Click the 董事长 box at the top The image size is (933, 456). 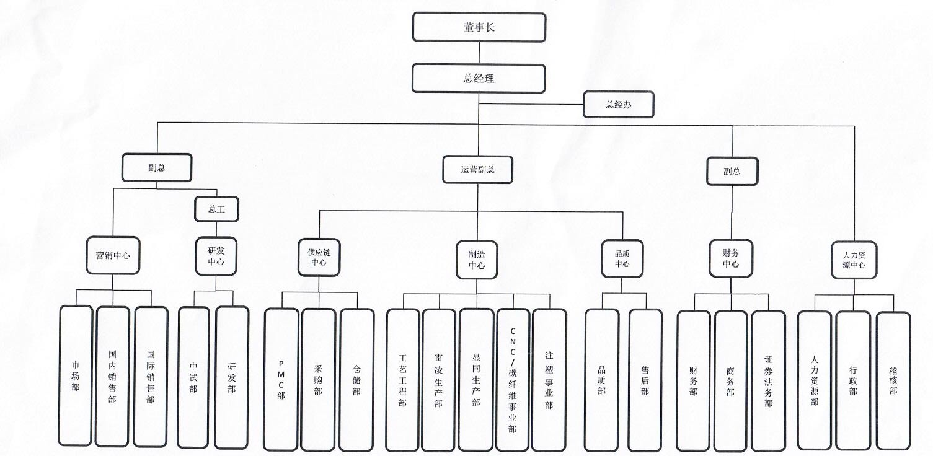click(x=479, y=27)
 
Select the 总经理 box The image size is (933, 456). click(x=479, y=79)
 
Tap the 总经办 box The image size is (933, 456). click(x=618, y=105)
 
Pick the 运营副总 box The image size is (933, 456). click(x=477, y=170)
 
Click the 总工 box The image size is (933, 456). click(x=216, y=209)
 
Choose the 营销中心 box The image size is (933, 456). click(x=113, y=255)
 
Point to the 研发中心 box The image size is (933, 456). click(x=216, y=256)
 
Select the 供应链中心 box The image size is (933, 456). click(x=319, y=257)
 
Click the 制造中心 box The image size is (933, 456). click(x=477, y=259)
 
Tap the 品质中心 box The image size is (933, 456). click(x=622, y=258)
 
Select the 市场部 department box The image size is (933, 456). click(x=76, y=375)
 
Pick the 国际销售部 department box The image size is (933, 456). click(x=151, y=377)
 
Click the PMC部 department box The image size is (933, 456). click(x=281, y=379)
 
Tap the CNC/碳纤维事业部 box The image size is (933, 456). click(x=513, y=380)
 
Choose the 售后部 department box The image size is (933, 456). click(x=645, y=380)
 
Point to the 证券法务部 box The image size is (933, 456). click(x=768, y=381)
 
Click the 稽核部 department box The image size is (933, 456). click(x=893, y=381)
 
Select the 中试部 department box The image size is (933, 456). click(x=193, y=377)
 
